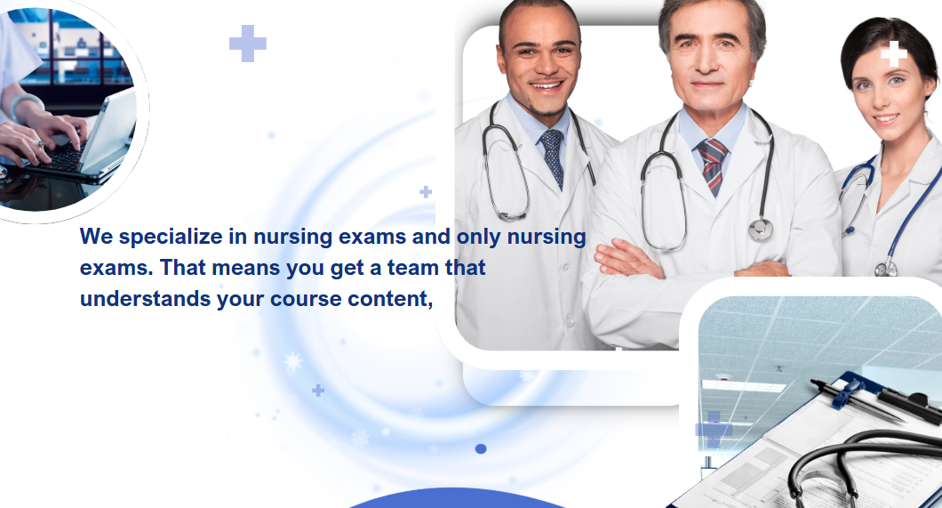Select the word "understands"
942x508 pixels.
[x=145, y=299]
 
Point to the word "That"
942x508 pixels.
[x=183, y=268]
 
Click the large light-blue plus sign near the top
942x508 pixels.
[x=248, y=44]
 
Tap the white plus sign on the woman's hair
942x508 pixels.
[x=894, y=54]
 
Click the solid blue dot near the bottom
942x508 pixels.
[x=481, y=449]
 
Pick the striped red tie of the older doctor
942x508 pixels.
[x=712, y=166]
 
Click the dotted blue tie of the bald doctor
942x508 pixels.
[x=552, y=157]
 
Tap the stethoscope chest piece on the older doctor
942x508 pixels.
[x=760, y=229]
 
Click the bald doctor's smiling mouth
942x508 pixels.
[x=547, y=85]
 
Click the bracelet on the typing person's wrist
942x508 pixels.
[x=24, y=103]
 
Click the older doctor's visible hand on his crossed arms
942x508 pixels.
[x=627, y=259]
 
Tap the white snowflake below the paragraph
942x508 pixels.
[x=293, y=361]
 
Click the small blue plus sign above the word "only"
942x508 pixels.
[x=426, y=192]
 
